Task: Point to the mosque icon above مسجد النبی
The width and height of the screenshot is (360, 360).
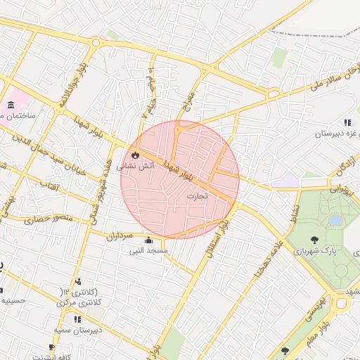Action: (148, 240)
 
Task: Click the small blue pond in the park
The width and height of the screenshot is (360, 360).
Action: (335, 221)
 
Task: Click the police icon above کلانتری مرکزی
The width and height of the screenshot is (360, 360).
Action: (77, 281)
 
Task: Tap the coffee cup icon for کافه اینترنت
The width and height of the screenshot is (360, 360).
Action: (51, 347)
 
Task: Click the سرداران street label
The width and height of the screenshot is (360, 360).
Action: (121, 237)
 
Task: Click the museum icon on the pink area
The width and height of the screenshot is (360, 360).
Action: (11, 105)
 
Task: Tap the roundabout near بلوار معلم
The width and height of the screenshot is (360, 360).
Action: (342, 303)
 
